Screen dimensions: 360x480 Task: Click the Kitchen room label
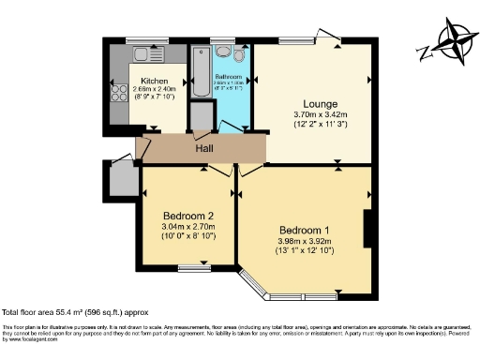(x=153, y=82)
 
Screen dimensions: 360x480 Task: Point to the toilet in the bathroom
(x=237, y=56)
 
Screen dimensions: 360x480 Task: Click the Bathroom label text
(x=230, y=76)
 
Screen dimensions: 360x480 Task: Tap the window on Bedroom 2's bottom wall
(x=195, y=269)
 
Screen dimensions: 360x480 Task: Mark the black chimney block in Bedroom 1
(x=369, y=225)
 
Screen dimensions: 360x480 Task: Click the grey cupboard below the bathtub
(x=201, y=115)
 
